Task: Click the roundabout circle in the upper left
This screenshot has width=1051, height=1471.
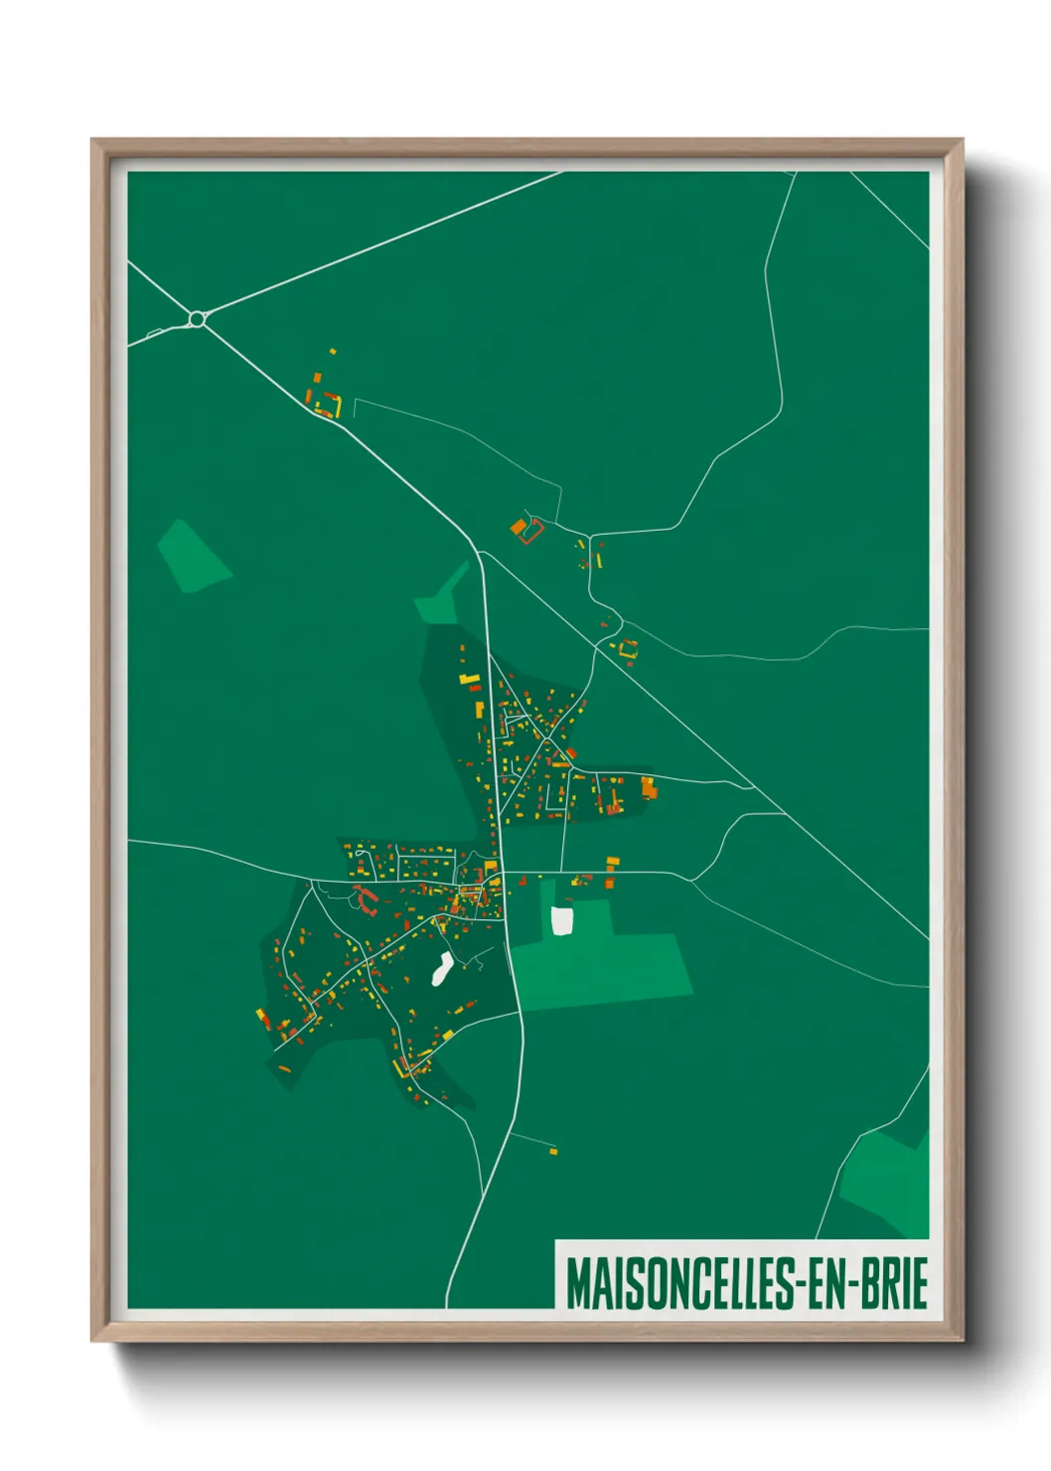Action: [x=197, y=318]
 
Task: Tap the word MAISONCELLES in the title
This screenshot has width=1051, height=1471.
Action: [x=679, y=1283]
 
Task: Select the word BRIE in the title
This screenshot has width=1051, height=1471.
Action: [x=894, y=1283]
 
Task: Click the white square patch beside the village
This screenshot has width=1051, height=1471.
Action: [x=562, y=920]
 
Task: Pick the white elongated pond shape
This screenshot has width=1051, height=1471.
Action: [x=442, y=969]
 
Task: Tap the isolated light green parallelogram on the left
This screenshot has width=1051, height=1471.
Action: [x=194, y=557]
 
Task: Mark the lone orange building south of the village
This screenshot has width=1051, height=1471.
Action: [x=553, y=1152]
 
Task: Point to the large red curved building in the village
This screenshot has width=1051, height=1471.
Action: [x=367, y=900]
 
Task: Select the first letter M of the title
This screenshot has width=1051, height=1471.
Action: [x=578, y=1283]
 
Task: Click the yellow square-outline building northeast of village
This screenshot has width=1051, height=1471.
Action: [x=628, y=649]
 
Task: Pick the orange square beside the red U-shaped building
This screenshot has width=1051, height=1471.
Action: [x=518, y=527]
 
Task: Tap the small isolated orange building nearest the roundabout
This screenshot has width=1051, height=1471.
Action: [x=333, y=351]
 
